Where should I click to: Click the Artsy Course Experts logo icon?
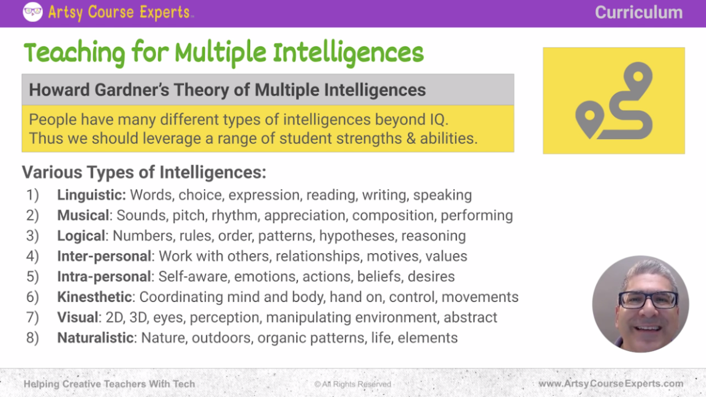pyautogui.click(x=33, y=12)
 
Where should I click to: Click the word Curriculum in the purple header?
pyautogui.click(x=638, y=12)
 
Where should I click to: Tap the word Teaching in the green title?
pyautogui.click(x=74, y=54)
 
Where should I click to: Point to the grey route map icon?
pyautogui.click(x=613, y=101)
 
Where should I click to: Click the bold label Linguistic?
pyautogui.click(x=91, y=194)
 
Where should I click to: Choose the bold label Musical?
pyautogui.click(x=83, y=216)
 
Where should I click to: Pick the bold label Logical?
pyautogui.click(x=81, y=236)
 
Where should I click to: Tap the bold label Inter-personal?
pyautogui.click(x=104, y=257)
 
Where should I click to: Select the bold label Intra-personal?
pyautogui.click(x=104, y=276)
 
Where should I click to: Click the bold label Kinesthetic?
pyautogui.click(x=96, y=297)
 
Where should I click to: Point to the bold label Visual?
pyautogui.click(x=77, y=317)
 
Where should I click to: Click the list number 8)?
pyautogui.click(x=32, y=338)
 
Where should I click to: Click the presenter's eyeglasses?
pyautogui.click(x=648, y=300)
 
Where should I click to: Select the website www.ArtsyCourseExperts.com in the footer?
pyautogui.click(x=611, y=384)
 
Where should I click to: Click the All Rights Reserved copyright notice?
pyautogui.click(x=352, y=384)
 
